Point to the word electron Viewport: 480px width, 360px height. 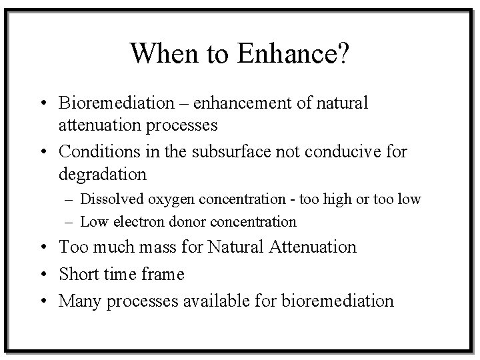(136, 221)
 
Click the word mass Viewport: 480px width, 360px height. (158, 247)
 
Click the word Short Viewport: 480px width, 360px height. (79, 274)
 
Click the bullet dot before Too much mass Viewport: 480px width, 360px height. (43, 248)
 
